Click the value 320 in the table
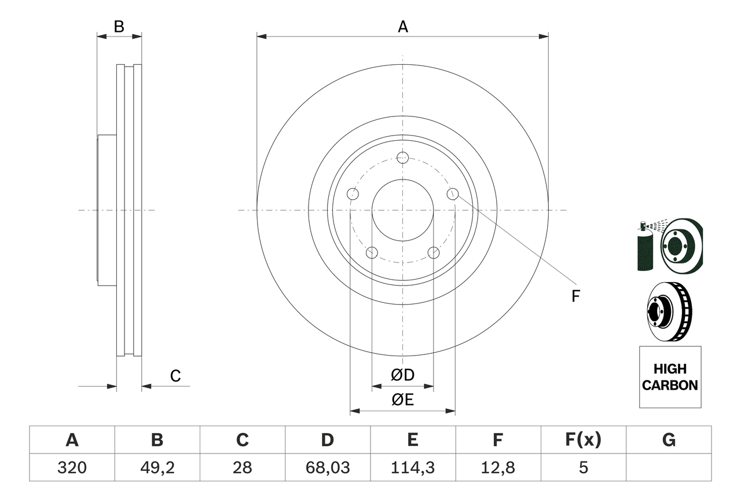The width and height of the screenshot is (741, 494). click(x=72, y=467)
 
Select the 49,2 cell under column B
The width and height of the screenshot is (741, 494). click(x=157, y=467)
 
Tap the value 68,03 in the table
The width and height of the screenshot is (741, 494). click(x=327, y=467)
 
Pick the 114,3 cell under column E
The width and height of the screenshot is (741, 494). click(x=412, y=467)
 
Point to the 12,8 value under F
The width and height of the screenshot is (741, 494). click(x=497, y=467)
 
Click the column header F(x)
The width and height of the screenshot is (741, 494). click(x=582, y=441)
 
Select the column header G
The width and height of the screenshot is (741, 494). click(x=669, y=441)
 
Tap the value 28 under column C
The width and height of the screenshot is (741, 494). click(x=242, y=467)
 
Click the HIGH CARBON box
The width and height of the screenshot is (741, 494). click(x=670, y=377)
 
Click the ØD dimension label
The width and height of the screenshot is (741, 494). click(x=403, y=375)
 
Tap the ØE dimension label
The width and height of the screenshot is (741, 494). click(x=403, y=400)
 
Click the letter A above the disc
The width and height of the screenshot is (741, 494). click(x=403, y=27)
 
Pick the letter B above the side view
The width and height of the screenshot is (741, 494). click(x=119, y=27)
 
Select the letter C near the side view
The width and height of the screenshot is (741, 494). click(x=175, y=376)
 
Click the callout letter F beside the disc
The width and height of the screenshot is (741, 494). click(x=575, y=297)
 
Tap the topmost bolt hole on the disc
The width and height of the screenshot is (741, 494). click(x=403, y=158)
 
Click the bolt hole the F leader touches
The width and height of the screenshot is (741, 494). click(x=453, y=194)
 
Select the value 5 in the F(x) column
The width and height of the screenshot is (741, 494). click(x=582, y=467)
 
